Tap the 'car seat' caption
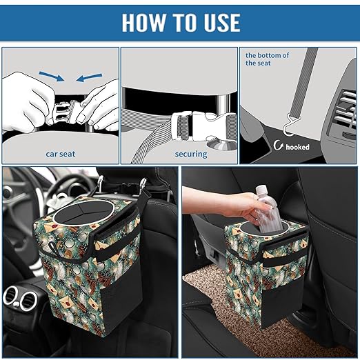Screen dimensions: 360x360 tap(60, 154)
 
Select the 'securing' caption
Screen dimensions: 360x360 tap(190, 154)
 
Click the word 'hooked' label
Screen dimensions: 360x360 tap(299, 146)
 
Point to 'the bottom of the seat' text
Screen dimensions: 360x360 tap(268, 58)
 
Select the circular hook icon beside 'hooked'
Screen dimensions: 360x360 tap(279, 146)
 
